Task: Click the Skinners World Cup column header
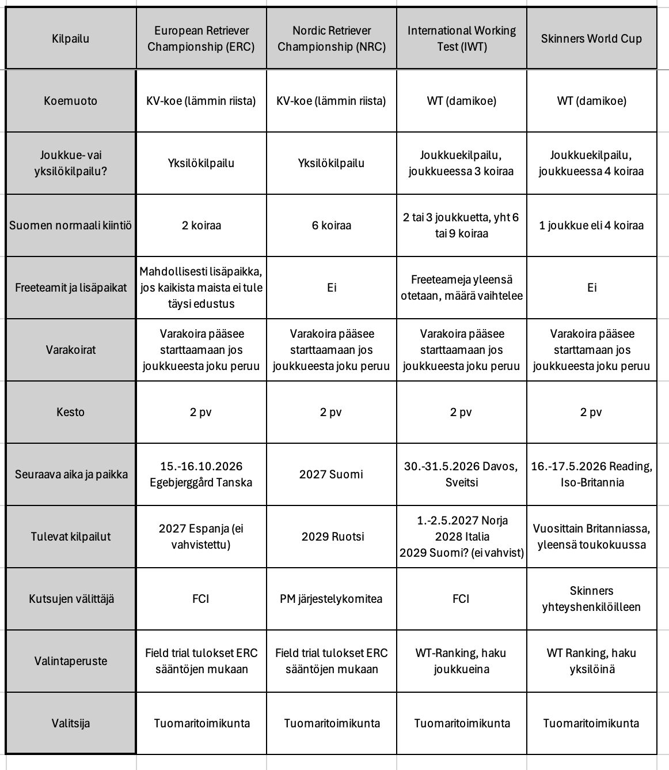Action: pyautogui.click(x=591, y=39)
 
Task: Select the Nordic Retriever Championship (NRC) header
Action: pyautogui.click(x=331, y=39)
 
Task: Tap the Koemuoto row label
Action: pyautogui.click(x=71, y=101)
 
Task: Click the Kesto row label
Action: pyautogui.click(x=71, y=412)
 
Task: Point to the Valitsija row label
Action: pyautogui.click(x=71, y=723)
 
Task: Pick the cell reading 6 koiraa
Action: pyautogui.click(x=331, y=225)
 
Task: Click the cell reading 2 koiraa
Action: pyautogui.click(x=201, y=225)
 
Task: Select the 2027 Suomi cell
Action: pyautogui.click(x=331, y=474)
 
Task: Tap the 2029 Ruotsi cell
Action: pyautogui.click(x=331, y=537)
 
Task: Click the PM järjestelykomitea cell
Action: pyautogui.click(x=331, y=599)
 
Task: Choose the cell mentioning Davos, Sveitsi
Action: pyautogui.click(x=461, y=474)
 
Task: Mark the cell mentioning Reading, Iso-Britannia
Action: pyautogui.click(x=591, y=474)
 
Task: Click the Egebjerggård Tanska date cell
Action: pyautogui.click(x=201, y=474)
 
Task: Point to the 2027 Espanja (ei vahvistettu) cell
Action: pyautogui.click(x=201, y=537)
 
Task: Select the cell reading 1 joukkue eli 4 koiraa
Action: pyautogui.click(x=591, y=225)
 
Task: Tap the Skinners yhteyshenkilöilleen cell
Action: pyautogui.click(x=591, y=599)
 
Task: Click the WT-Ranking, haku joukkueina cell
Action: pyautogui.click(x=461, y=661)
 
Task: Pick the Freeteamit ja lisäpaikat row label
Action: pyautogui.click(x=71, y=288)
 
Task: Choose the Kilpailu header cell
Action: pyautogui.click(x=71, y=39)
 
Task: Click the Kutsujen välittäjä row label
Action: pyautogui.click(x=71, y=599)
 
